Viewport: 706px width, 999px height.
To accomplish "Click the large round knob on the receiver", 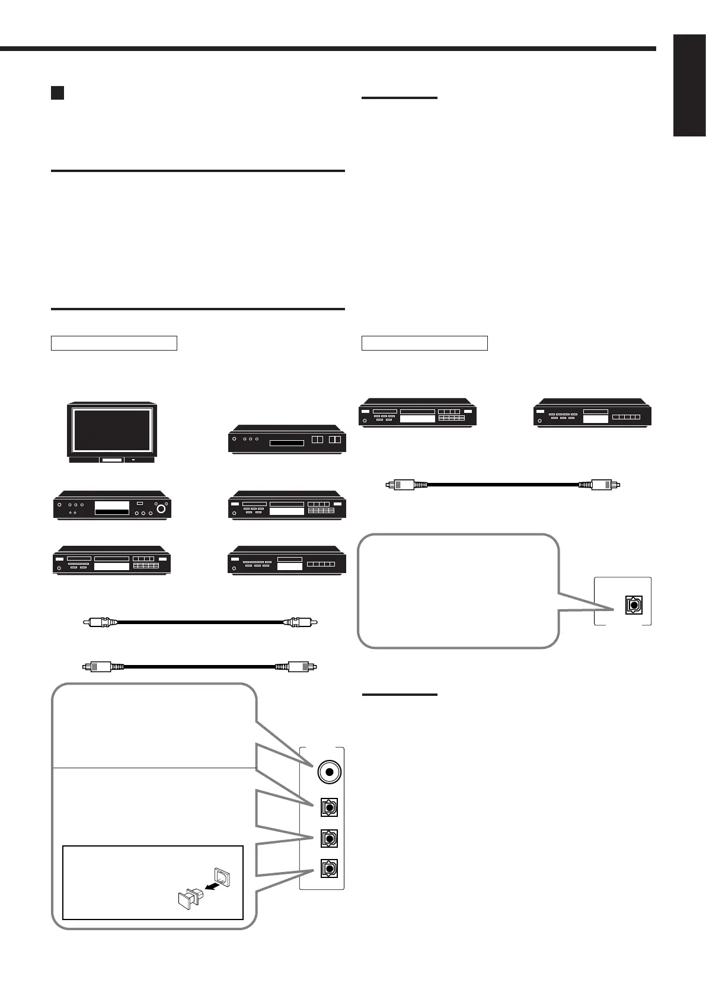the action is coord(161,508).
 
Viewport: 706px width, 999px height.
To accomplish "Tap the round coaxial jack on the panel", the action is coord(328,772).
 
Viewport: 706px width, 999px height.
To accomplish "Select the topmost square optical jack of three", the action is coord(328,807).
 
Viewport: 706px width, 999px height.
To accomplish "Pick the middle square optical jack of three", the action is coord(328,839).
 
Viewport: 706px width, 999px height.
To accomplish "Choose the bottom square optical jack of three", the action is coord(328,868).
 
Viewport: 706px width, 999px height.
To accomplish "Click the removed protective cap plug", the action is coord(188,898).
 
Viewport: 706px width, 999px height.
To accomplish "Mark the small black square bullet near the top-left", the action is coord(57,93).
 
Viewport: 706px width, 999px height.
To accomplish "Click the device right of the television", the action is coord(287,440).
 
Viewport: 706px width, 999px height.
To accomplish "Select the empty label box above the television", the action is coord(114,343).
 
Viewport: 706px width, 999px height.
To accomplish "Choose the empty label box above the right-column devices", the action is coord(424,343).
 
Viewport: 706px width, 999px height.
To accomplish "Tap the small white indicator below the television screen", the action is coord(133,459).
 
